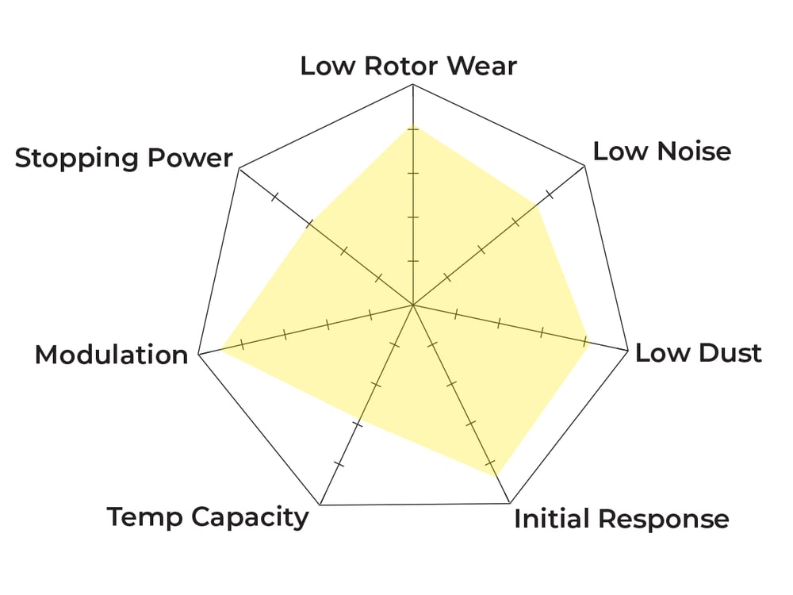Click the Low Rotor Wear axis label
pyautogui.click(x=408, y=66)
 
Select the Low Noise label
pyautogui.click(x=661, y=151)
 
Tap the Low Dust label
pyautogui.click(x=698, y=353)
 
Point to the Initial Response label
pyautogui.click(x=621, y=520)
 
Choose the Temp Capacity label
pyautogui.click(x=208, y=518)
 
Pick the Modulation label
pyautogui.click(x=111, y=355)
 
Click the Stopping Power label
pyautogui.click(x=124, y=158)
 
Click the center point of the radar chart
pyautogui.click(x=412, y=305)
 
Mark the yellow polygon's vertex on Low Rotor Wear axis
pyautogui.click(x=412, y=126)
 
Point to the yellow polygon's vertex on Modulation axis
pyautogui.click(x=220, y=349)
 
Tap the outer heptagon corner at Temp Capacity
pyautogui.click(x=320, y=505)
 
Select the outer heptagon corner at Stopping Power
pyautogui.click(x=239, y=168)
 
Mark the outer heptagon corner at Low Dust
pyautogui.click(x=628, y=351)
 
